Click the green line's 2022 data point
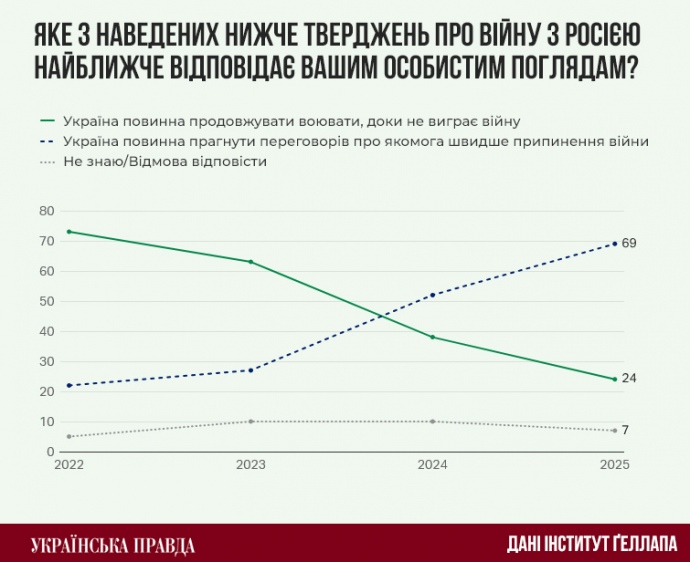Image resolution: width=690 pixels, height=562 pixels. pos(69,232)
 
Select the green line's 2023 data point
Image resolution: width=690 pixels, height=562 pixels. pos(250,262)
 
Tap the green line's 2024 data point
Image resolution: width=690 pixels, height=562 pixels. pos(432,337)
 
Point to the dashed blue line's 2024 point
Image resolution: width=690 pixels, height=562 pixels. pos(432,295)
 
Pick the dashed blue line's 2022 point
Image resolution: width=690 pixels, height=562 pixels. pos(69,385)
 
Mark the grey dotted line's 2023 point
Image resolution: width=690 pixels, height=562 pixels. pos(250,421)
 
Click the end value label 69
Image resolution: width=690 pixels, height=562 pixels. pos(629,243)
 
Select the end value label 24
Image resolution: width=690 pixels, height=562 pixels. pos(629,378)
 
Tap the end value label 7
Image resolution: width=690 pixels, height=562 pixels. pos(626,430)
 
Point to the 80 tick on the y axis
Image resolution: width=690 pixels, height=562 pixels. pos(44,211)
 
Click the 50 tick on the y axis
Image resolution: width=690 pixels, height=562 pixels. pos(44,301)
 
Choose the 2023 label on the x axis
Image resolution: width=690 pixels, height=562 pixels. pos(250,465)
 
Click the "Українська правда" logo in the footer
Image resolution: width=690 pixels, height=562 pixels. pos(113,545)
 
